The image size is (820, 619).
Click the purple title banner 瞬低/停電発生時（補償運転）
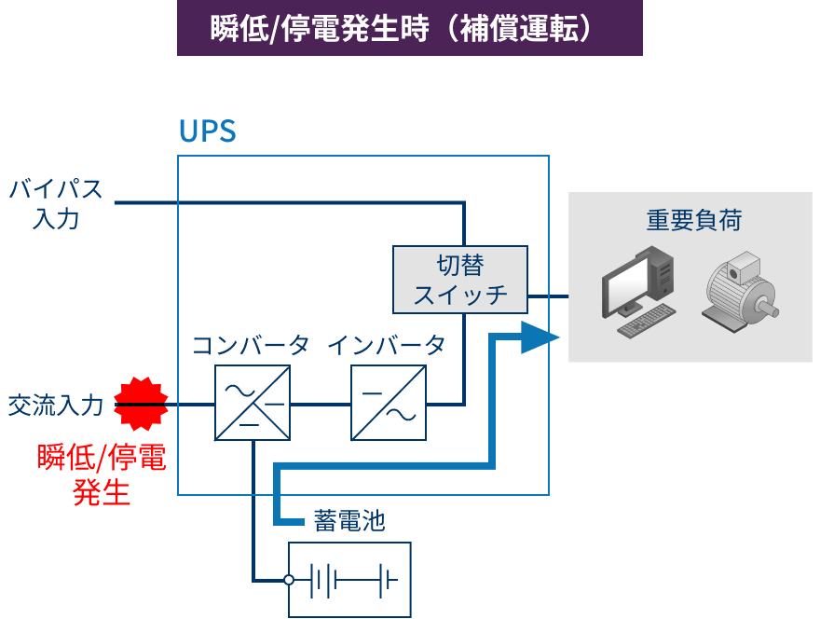(x=409, y=28)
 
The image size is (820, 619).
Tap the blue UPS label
(x=207, y=131)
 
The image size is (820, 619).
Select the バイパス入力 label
(x=56, y=203)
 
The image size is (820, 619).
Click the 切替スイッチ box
(x=460, y=280)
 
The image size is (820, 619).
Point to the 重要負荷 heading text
(x=694, y=220)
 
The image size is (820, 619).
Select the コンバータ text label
(x=250, y=346)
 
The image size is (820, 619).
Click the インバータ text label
(x=386, y=346)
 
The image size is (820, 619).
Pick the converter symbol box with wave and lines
(x=253, y=403)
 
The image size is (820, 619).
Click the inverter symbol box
(x=389, y=403)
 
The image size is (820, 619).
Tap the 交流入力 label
(x=55, y=406)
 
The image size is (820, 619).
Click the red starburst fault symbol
(x=141, y=404)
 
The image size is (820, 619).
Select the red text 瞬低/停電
(x=102, y=458)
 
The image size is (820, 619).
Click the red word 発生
(x=102, y=491)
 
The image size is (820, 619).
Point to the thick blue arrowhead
(x=539, y=337)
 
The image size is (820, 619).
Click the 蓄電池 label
(x=348, y=520)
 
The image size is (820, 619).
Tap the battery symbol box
(x=349, y=580)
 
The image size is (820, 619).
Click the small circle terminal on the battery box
(x=289, y=580)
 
